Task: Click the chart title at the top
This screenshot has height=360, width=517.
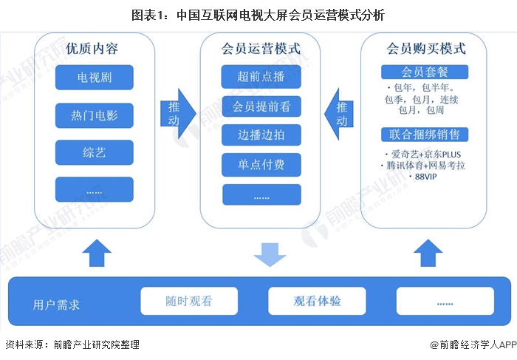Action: (x=258, y=14)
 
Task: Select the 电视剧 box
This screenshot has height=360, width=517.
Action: (x=94, y=77)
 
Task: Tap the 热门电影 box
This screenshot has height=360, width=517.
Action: (x=94, y=115)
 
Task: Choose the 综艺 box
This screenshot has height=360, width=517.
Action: (x=94, y=152)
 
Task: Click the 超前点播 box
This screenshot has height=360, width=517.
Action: (x=261, y=77)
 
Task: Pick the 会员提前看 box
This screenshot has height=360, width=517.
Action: (x=261, y=106)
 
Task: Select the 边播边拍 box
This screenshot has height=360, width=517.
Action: (x=261, y=135)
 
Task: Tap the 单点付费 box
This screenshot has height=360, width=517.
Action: (x=261, y=164)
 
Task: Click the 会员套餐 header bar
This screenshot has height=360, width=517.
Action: (x=425, y=72)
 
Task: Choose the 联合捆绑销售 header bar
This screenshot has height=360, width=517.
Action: (x=425, y=135)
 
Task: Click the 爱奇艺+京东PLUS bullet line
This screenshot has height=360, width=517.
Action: (x=425, y=154)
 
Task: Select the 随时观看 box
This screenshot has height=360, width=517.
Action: (x=188, y=302)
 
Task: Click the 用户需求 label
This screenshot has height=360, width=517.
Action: (x=57, y=304)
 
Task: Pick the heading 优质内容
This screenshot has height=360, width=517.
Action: (x=92, y=50)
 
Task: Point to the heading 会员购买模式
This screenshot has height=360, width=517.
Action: (x=426, y=50)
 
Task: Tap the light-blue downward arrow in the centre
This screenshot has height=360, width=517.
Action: (x=270, y=253)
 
